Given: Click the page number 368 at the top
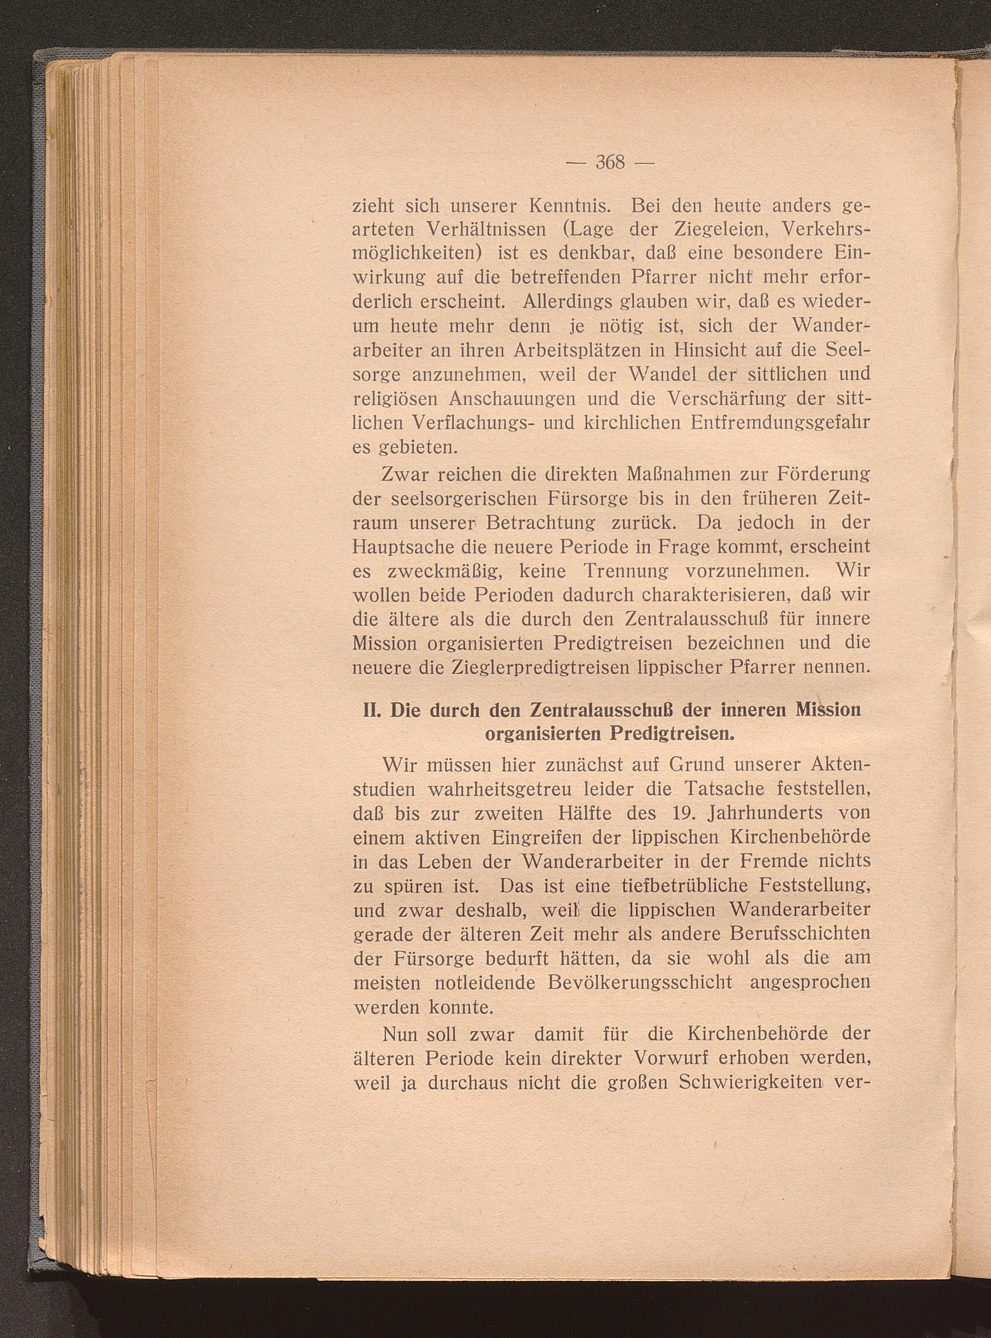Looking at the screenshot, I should (610, 163).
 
